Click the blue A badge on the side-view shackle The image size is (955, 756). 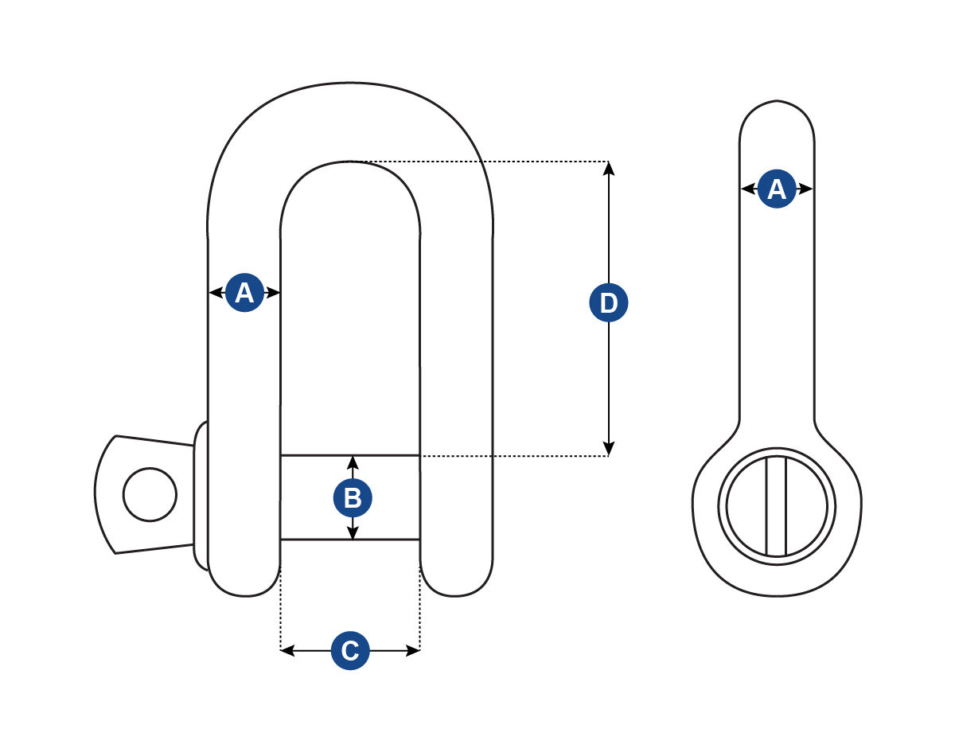click(776, 189)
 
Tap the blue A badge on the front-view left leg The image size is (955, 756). click(244, 293)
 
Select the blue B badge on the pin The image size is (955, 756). click(353, 498)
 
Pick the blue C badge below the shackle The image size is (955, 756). click(349, 650)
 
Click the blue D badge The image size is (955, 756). click(609, 303)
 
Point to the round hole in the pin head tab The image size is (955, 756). click(150, 495)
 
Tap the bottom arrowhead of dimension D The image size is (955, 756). click(609, 450)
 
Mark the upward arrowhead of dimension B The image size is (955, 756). click(353, 462)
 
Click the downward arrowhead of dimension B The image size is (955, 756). click(353, 533)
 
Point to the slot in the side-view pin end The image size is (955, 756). click(776, 506)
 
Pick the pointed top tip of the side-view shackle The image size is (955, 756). click(777, 102)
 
